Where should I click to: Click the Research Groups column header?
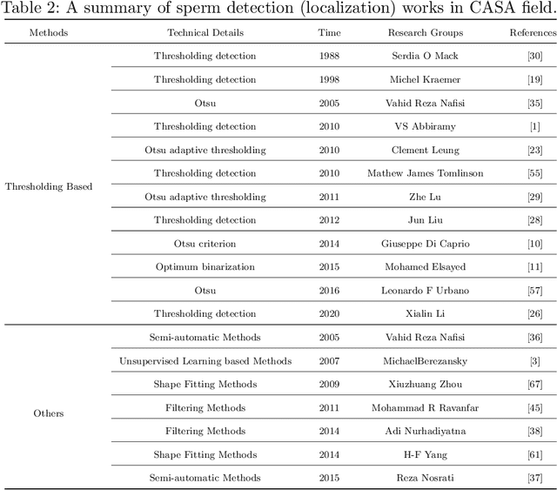425,33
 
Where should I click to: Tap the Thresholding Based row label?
49,186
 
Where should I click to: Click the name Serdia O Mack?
425,57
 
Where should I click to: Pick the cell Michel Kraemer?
425,80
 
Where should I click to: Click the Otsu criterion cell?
205,244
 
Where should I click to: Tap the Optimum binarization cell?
205,267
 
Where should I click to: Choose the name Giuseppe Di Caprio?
425,244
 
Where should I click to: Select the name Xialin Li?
425,313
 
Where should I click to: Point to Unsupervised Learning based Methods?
205,361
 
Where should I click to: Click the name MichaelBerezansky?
425,361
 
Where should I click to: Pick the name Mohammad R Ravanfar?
425,407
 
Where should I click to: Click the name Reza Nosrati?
425,478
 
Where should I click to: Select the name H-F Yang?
425,454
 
